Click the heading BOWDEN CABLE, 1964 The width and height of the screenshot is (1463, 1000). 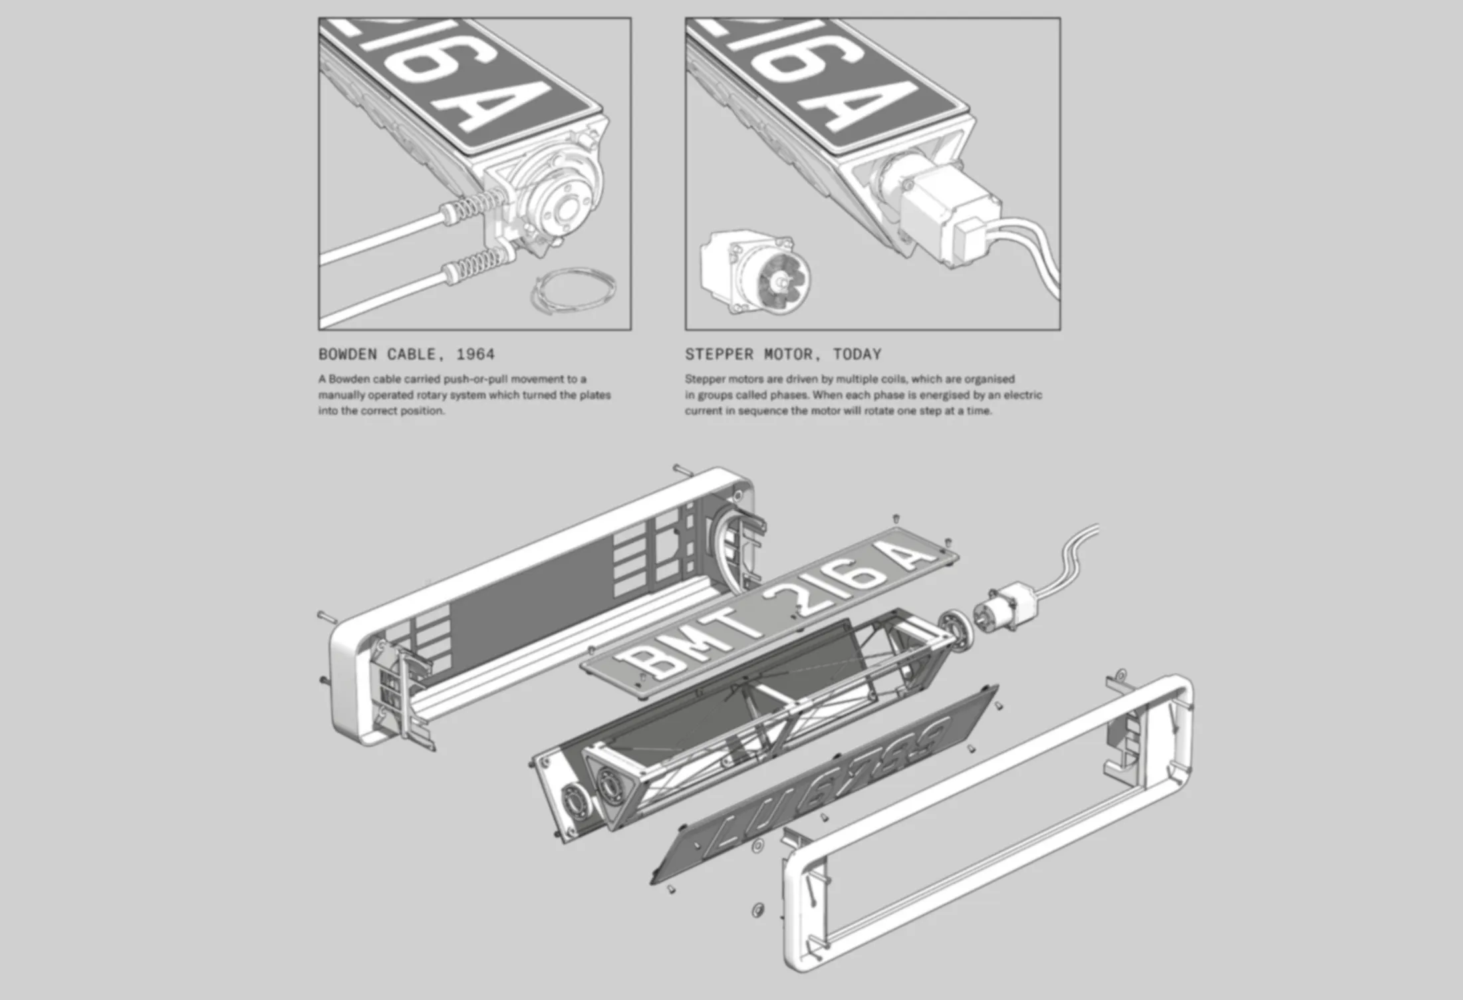[406, 354]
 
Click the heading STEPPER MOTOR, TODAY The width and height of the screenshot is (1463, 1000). [783, 354]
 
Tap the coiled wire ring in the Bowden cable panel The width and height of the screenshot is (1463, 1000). [573, 290]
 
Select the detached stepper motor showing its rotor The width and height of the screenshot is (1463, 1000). [755, 272]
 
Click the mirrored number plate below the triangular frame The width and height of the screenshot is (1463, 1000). [825, 785]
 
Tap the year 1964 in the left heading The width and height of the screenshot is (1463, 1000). [475, 354]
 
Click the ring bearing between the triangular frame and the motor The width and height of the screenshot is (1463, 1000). [956, 628]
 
